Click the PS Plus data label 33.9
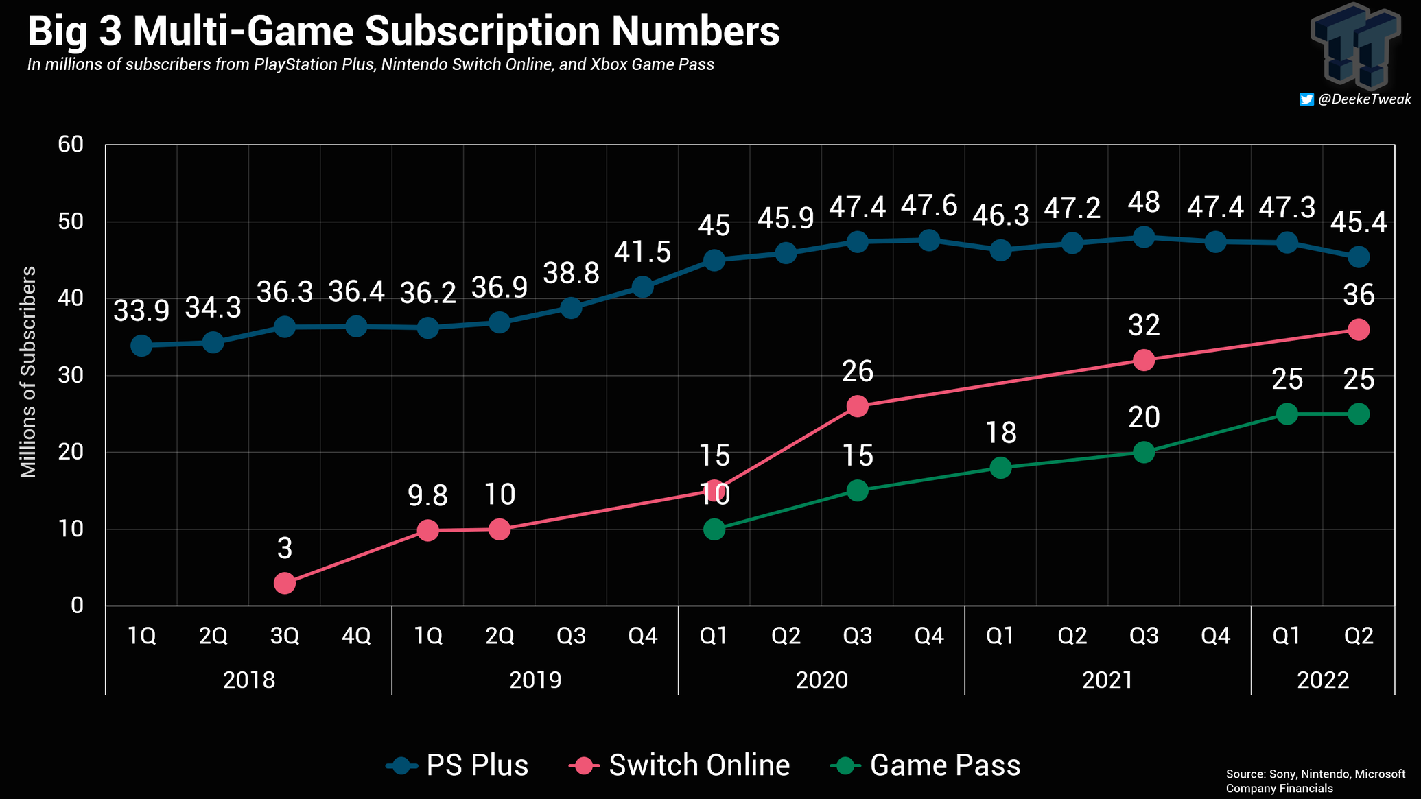pyautogui.click(x=141, y=311)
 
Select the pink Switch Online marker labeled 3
pyautogui.click(x=285, y=583)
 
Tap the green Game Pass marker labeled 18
pyautogui.click(x=1000, y=468)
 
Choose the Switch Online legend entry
pyautogui.click(x=680, y=765)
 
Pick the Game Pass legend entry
pyautogui.click(x=926, y=765)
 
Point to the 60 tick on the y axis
pyautogui.click(x=71, y=145)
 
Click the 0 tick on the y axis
pyautogui.click(x=77, y=606)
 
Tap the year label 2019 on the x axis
pyautogui.click(x=535, y=680)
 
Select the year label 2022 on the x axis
pyautogui.click(x=1323, y=680)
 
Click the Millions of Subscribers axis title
pyautogui.click(x=28, y=372)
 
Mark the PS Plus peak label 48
pyautogui.click(x=1144, y=203)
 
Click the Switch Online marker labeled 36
pyautogui.click(x=1359, y=330)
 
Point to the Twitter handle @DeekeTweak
pyautogui.click(x=1356, y=99)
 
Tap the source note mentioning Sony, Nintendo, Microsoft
pyautogui.click(x=1315, y=780)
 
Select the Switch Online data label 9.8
pyautogui.click(x=427, y=495)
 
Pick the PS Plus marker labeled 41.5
pyautogui.click(x=643, y=287)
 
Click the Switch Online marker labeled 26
pyautogui.click(x=858, y=406)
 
